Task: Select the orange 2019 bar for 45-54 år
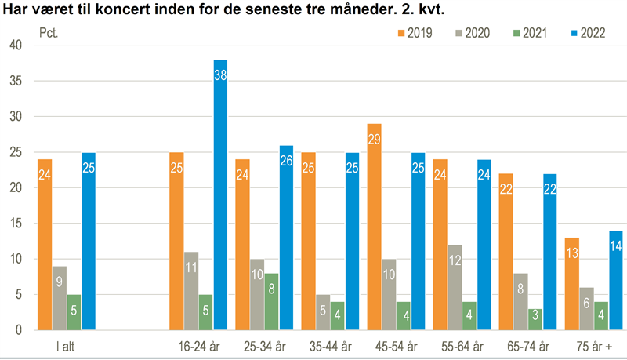375,227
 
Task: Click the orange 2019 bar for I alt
44,244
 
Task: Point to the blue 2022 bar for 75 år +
617,280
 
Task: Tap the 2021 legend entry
532,33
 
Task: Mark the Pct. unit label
49,33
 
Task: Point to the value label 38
220,75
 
